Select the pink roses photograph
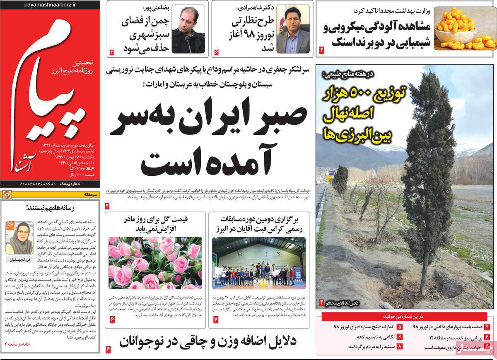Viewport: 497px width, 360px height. (155, 263)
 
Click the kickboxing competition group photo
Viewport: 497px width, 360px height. (259, 263)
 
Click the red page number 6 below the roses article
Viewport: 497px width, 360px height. (112, 319)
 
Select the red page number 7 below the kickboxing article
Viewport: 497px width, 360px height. (216, 319)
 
